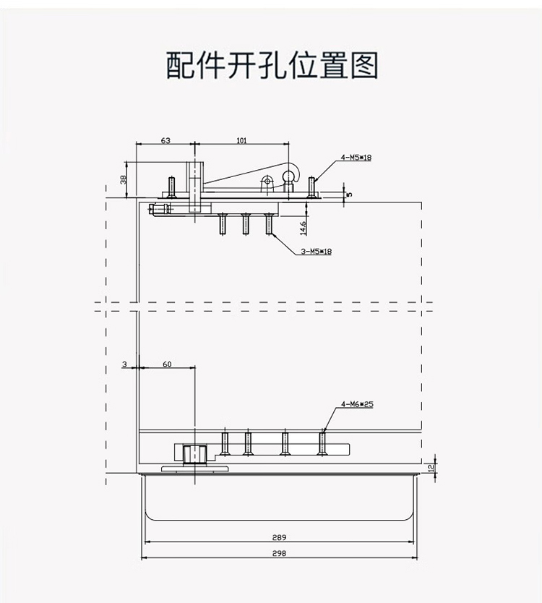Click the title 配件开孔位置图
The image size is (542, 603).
pos(272,65)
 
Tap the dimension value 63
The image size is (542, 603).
pos(165,140)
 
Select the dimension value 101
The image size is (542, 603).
pos(241,140)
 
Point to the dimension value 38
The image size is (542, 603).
pos(123,179)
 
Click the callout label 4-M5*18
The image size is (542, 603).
pos(356,158)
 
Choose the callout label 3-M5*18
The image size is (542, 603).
pos(316,252)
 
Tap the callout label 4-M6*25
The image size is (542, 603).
pos(357,404)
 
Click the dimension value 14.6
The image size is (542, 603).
pos(304,228)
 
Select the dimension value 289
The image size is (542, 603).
pos(279,537)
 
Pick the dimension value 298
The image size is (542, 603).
pos(279,553)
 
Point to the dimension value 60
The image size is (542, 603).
pos(167,364)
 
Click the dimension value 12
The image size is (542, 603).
pos(431,468)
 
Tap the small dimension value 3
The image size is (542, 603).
pos(124,364)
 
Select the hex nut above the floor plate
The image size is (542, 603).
pos(195,455)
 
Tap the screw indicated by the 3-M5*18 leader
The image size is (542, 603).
pos(269,224)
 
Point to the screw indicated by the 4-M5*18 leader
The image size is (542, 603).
pos(311,187)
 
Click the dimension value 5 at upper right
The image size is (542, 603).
pos(349,194)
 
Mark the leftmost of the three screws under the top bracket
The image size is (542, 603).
pos(222,224)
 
